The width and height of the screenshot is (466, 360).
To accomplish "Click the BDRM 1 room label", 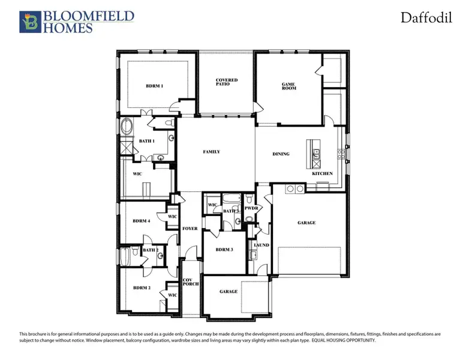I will pos(154,86).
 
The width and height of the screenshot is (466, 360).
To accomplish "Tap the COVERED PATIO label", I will pos(227,82).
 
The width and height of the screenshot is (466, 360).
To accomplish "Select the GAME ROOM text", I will pos(289,86).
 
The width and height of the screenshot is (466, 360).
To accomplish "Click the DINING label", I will pos(281,154).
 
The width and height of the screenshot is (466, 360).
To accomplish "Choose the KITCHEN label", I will pos(322,173).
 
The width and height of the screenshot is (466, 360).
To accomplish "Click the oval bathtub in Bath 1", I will pos(127,127).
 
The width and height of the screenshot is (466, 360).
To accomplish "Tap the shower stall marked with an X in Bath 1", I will pos(127,147).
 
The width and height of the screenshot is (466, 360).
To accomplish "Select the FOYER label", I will pos(190,229).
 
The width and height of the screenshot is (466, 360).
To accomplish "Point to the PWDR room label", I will pos(251,208).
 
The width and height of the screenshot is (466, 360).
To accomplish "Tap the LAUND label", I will pos(261,245).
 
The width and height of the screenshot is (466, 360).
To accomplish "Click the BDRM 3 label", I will pos(224,249).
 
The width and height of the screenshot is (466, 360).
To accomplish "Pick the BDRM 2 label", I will pos(142,287).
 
